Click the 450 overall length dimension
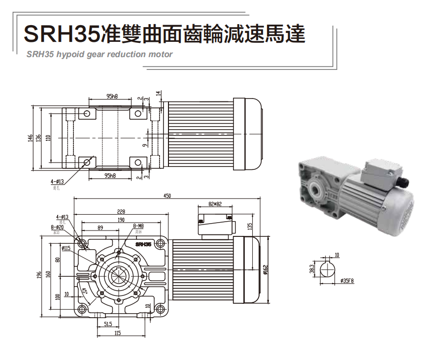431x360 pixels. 166,196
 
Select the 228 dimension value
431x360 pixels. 121,211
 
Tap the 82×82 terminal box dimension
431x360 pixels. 215,203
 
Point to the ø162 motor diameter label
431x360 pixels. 265,270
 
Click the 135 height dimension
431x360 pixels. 250,226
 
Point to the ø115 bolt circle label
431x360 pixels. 66,248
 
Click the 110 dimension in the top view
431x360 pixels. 48,138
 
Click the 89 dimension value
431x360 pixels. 100,228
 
